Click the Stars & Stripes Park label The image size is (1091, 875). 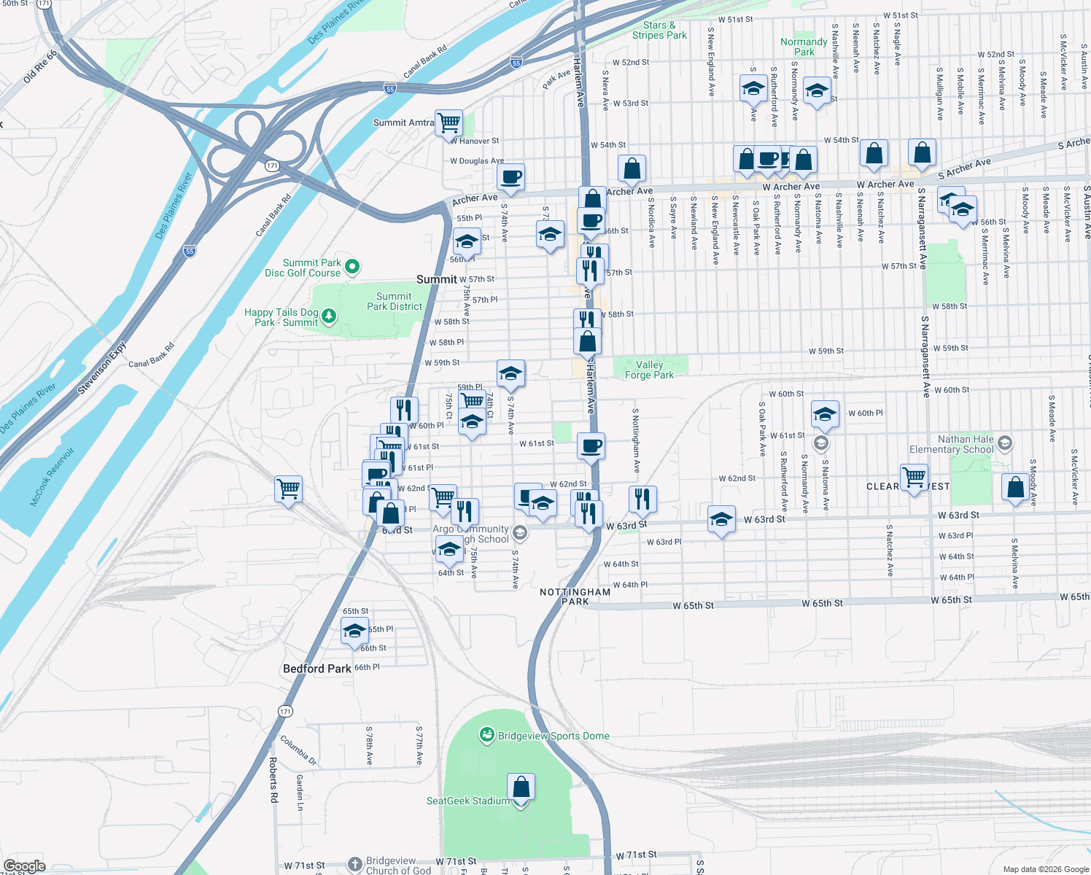[x=659, y=30]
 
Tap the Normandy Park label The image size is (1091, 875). [x=804, y=47]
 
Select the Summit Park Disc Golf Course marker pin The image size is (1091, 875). [x=352, y=267]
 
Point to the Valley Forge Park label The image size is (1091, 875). [x=649, y=370]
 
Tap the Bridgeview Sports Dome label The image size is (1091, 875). [x=553, y=736]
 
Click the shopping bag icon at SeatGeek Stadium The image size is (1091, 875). [x=521, y=788]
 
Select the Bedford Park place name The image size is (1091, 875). [x=317, y=669]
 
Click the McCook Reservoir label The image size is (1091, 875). [x=53, y=477]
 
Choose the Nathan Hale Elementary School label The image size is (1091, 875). [x=951, y=444]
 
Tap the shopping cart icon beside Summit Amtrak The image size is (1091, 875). [x=449, y=122]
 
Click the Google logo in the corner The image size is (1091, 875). [x=24, y=866]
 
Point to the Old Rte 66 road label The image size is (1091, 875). [x=40, y=66]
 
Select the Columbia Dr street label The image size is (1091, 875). [x=298, y=750]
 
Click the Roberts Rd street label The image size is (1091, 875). [x=273, y=780]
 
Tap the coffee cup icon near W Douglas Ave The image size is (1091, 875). [x=511, y=176]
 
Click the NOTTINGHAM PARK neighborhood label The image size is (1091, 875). [x=575, y=596]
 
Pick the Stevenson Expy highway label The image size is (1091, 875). [x=101, y=369]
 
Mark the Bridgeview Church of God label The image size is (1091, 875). [x=398, y=866]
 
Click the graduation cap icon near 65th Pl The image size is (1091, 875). [x=354, y=631]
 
